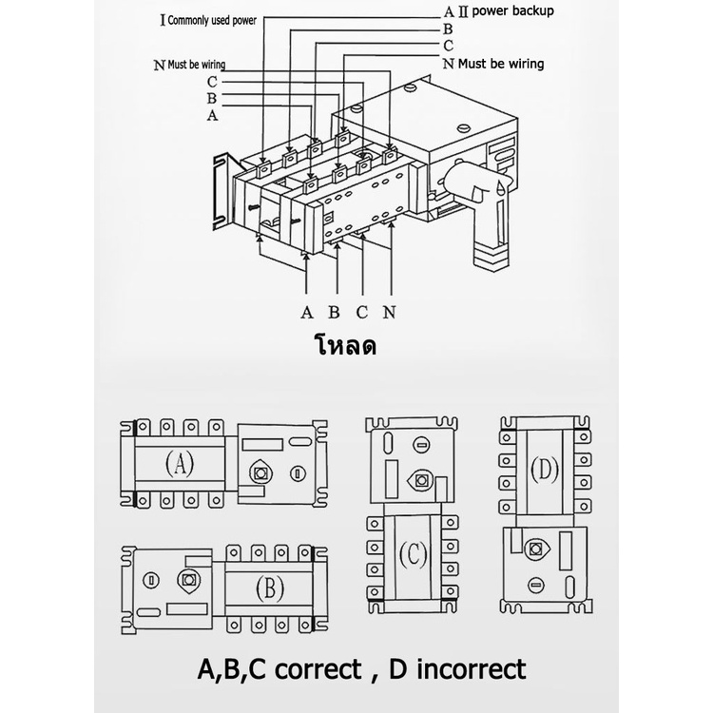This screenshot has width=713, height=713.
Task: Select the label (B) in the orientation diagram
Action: click(269, 588)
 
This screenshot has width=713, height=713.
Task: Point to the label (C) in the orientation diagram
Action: click(415, 553)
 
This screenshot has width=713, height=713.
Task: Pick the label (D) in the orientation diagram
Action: click(543, 470)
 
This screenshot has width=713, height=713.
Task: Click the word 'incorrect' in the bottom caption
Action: click(469, 670)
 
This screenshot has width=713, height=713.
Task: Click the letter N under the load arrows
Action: click(389, 312)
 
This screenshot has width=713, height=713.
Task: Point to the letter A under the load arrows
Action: click(306, 312)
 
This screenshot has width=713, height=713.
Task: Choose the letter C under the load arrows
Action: click(361, 312)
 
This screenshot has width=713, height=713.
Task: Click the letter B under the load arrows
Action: click(334, 312)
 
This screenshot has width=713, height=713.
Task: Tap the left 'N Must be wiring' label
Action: click(189, 66)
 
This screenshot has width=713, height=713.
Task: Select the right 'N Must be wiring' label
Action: click(493, 65)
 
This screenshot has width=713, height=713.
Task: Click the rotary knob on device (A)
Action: click(259, 472)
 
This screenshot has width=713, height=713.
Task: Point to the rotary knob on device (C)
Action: click(415, 479)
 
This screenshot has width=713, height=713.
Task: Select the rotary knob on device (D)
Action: click(535, 549)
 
